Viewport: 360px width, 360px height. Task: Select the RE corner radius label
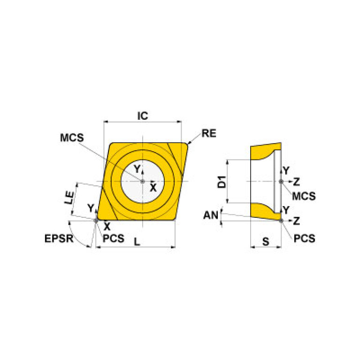[209, 133]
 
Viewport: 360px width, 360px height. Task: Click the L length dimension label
[137, 242]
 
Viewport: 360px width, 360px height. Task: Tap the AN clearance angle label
[211, 215]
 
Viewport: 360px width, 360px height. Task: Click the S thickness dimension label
[266, 242]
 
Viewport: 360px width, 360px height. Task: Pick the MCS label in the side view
[304, 195]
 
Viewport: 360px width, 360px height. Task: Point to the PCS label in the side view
[304, 238]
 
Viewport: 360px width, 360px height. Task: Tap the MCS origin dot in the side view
[281, 181]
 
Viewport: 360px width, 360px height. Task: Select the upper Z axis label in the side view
[296, 181]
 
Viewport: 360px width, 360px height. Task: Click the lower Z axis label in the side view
[296, 220]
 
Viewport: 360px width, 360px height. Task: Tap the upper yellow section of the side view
[261, 152]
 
